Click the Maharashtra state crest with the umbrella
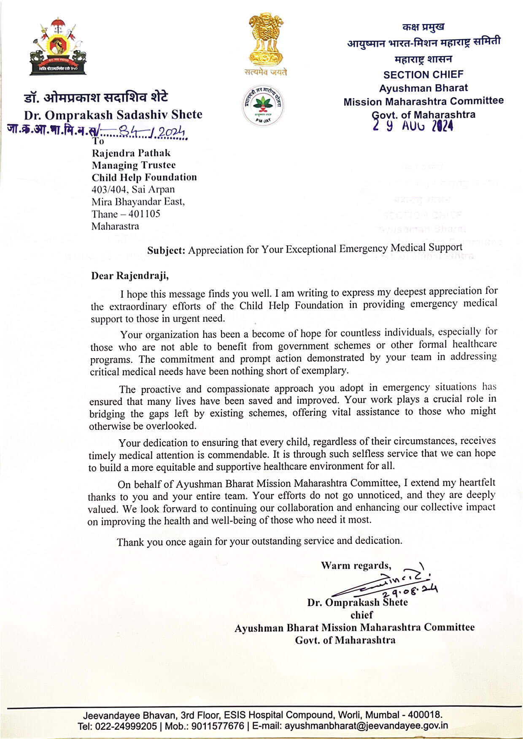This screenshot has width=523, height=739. click(58, 46)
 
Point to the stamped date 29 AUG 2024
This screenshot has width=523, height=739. click(413, 126)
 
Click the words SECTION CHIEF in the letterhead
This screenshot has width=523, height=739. click(423, 75)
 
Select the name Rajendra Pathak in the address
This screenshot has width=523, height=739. click(131, 153)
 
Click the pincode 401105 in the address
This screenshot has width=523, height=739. click(144, 214)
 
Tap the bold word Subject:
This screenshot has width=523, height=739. click(166, 250)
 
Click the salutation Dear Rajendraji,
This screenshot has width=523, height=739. click(130, 276)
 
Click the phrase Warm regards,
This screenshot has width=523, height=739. click(356, 565)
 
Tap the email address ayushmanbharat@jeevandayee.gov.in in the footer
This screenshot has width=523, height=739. click(366, 726)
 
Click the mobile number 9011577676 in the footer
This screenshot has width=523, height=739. click(218, 726)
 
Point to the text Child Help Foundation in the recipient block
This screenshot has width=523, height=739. click(144, 177)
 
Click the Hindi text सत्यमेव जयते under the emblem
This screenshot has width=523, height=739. click(266, 72)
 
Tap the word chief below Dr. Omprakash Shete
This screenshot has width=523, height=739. click(361, 615)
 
